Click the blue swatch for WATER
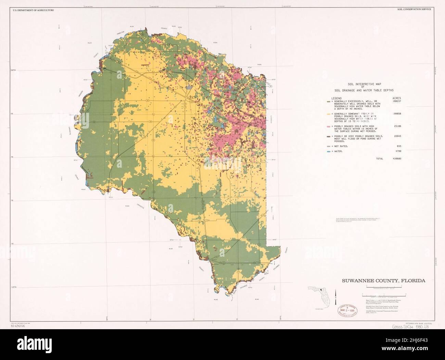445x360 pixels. pyautogui.click(x=329, y=151)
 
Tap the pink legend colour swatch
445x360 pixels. pyautogui.click(x=329, y=127)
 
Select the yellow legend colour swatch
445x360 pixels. pyautogui.click(x=329, y=114)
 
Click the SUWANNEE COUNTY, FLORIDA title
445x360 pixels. pyautogui.click(x=383, y=281)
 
